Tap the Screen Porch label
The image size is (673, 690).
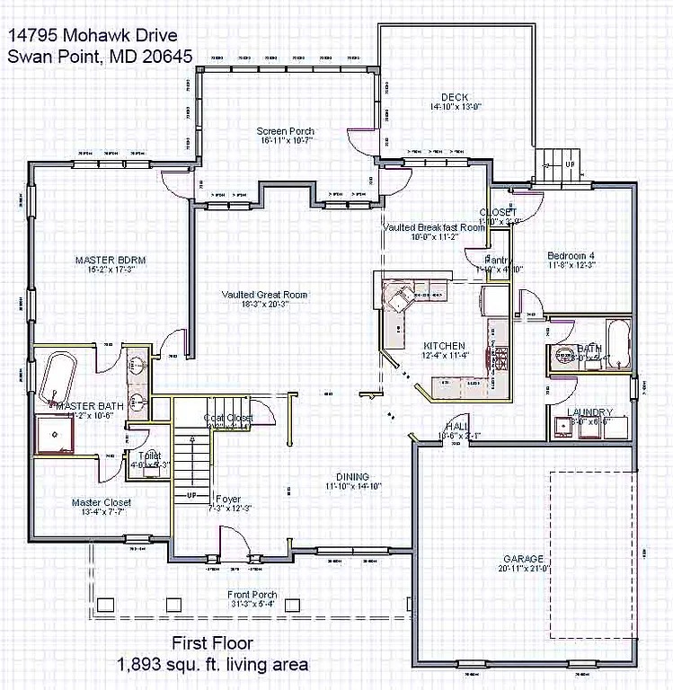coord(285,131)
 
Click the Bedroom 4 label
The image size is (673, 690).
coord(572,256)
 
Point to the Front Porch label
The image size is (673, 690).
coord(252,595)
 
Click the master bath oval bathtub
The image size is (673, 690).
coord(57,378)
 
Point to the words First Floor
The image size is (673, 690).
coord(212,643)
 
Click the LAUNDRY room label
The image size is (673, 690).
coord(590,412)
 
